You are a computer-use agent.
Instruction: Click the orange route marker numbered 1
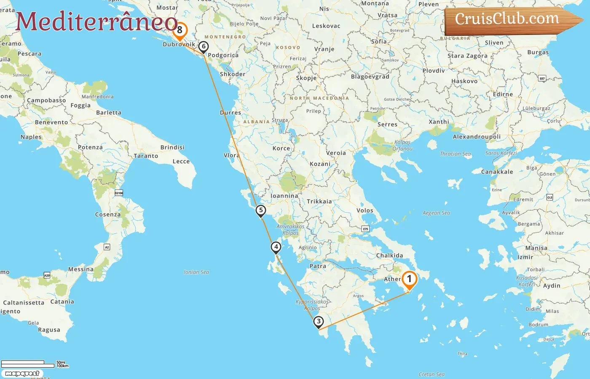[x=409, y=279]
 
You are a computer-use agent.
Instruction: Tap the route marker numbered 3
[x=319, y=322]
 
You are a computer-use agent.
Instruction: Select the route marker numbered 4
[x=276, y=247]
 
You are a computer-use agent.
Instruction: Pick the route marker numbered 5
[x=261, y=210]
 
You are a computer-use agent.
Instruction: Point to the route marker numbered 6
[x=204, y=46]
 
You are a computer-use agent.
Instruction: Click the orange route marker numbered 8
[x=180, y=30]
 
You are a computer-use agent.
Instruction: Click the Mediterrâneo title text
[x=97, y=22]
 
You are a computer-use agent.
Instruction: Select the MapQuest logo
[x=22, y=374]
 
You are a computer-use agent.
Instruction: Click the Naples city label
[x=31, y=137]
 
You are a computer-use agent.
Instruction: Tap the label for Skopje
[x=306, y=78]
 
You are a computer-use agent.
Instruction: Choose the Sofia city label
[x=379, y=42]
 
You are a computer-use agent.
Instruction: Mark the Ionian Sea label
[x=196, y=272]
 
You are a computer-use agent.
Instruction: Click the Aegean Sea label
[x=436, y=213]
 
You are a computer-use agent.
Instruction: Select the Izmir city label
[x=525, y=257]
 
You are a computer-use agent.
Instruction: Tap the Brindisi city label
[x=172, y=147]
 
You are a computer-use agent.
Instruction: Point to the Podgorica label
[x=223, y=55]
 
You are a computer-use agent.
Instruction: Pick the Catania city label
[x=62, y=302]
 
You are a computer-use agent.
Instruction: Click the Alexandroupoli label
[x=477, y=137]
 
